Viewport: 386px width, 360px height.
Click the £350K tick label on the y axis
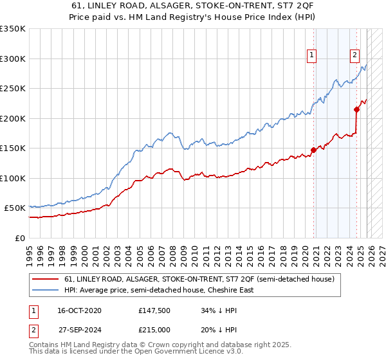click(13, 29)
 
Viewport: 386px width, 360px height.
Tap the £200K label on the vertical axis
click(13, 118)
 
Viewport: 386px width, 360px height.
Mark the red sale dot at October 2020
click(313, 150)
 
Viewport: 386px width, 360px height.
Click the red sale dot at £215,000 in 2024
click(356, 109)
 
